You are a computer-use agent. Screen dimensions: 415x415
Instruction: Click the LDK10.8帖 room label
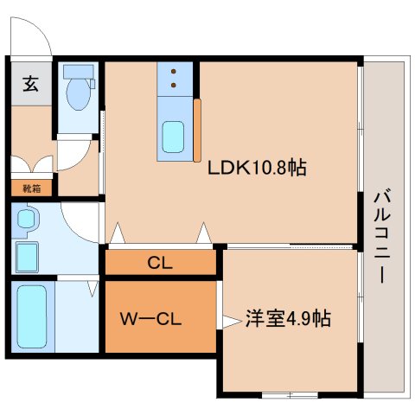tap(257, 168)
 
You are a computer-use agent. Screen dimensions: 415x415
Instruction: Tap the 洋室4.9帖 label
tap(288, 318)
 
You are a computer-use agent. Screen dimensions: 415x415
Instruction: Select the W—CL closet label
tap(150, 319)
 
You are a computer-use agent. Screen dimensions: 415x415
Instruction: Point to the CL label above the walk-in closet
tap(160, 263)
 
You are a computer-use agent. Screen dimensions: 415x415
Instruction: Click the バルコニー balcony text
tap(382, 235)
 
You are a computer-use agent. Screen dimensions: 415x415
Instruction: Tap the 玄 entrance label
tap(31, 83)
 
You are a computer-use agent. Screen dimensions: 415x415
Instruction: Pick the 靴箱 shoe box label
tap(32, 188)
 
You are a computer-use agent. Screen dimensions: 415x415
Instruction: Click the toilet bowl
tap(78, 94)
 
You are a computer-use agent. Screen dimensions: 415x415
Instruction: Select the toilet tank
tap(79, 72)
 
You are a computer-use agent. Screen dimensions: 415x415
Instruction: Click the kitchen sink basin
tap(173, 137)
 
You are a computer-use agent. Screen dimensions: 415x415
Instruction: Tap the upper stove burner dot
tap(174, 71)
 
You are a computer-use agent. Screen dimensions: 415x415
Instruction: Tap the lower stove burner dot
tap(174, 85)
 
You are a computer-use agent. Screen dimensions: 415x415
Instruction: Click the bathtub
tap(32, 316)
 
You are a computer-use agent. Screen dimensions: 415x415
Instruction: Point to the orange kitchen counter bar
tap(197, 131)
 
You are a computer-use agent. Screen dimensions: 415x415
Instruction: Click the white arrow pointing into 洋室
tap(232, 322)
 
